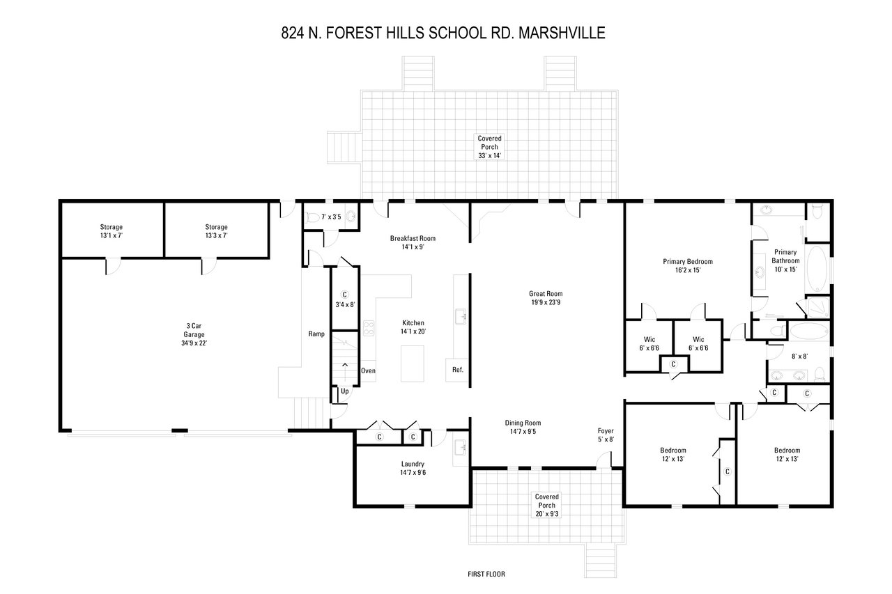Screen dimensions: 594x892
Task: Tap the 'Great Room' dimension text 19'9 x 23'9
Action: (x=545, y=302)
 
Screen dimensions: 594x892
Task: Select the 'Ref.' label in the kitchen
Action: (x=458, y=370)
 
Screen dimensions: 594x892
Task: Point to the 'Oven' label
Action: (x=368, y=370)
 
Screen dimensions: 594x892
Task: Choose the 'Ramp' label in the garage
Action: (x=316, y=334)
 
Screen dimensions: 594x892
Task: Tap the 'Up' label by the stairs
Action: (x=344, y=391)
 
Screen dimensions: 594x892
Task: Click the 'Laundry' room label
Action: (x=413, y=464)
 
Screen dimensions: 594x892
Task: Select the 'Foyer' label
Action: (x=606, y=430)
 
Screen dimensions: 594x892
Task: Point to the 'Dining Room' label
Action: (x=523, y=423)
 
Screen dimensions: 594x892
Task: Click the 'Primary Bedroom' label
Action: (x=687, y=262)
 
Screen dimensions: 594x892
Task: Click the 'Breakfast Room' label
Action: (x=417, y=238)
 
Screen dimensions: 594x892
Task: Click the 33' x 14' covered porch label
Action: (x=489, y=147)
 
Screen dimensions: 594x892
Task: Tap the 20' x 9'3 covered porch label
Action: (x=547, y=506)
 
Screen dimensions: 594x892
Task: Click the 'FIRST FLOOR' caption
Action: (x=486, y=575)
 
